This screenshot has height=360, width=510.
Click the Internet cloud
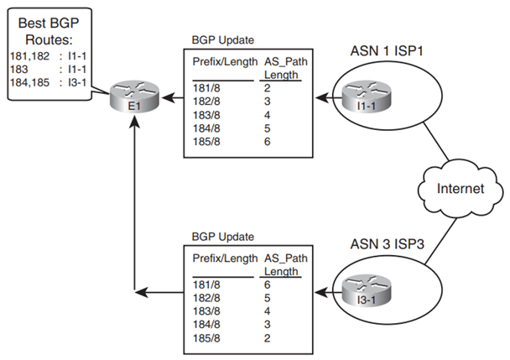click(461, 189)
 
